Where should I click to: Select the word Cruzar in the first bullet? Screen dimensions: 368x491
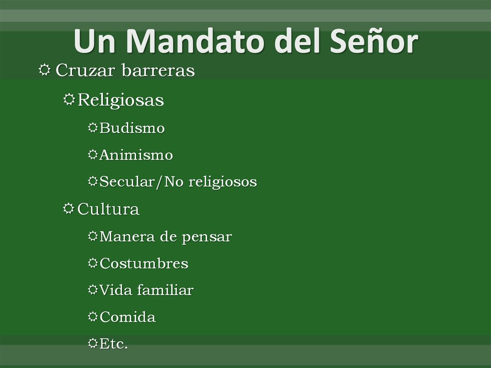tap(84, 71)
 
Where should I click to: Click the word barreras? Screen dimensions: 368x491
tap(158, 71)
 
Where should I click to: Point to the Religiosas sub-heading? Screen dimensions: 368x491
tap(120, 101)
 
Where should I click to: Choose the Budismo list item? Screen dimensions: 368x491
tap(132, 129)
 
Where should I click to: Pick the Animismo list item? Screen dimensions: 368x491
tap(136, 155)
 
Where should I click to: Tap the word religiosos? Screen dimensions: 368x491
tap(222, 182)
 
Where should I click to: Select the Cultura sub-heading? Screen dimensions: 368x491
tap(108, 210)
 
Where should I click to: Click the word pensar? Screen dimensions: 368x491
tap(211, 237)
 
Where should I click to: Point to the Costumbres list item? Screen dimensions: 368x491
tap(144, 264)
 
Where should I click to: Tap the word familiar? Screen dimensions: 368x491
tap(165, 291)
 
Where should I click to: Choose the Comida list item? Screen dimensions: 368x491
tap(128, 318)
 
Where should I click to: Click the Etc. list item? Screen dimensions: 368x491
tap(114, 344)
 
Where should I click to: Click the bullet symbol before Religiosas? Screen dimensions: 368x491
tap(69, 100)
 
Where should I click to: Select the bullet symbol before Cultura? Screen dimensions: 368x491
tap(69, 209)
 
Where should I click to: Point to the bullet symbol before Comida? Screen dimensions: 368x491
tap(93, 317)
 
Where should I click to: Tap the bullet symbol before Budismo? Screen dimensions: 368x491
tap(93, 128)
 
